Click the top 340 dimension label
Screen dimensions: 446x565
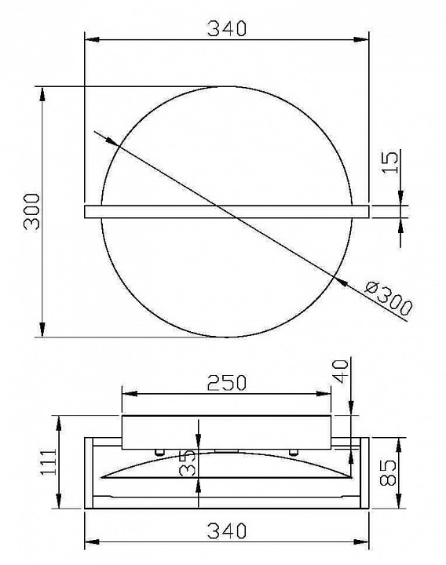click(x=227, y=28)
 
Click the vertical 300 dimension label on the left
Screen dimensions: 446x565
click(x=31, y=212)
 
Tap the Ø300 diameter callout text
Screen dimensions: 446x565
click(x=388, y=299)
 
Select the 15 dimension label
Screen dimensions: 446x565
click(x=390, y=162)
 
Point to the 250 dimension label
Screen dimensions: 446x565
click(x=227, y=383)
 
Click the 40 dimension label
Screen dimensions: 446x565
click(x=340, y=371)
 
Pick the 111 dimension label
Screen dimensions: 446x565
click(x=49, y=462)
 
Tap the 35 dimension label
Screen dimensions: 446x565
click(x=188, y=464)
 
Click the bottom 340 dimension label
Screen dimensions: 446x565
click(x=227, y=530)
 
